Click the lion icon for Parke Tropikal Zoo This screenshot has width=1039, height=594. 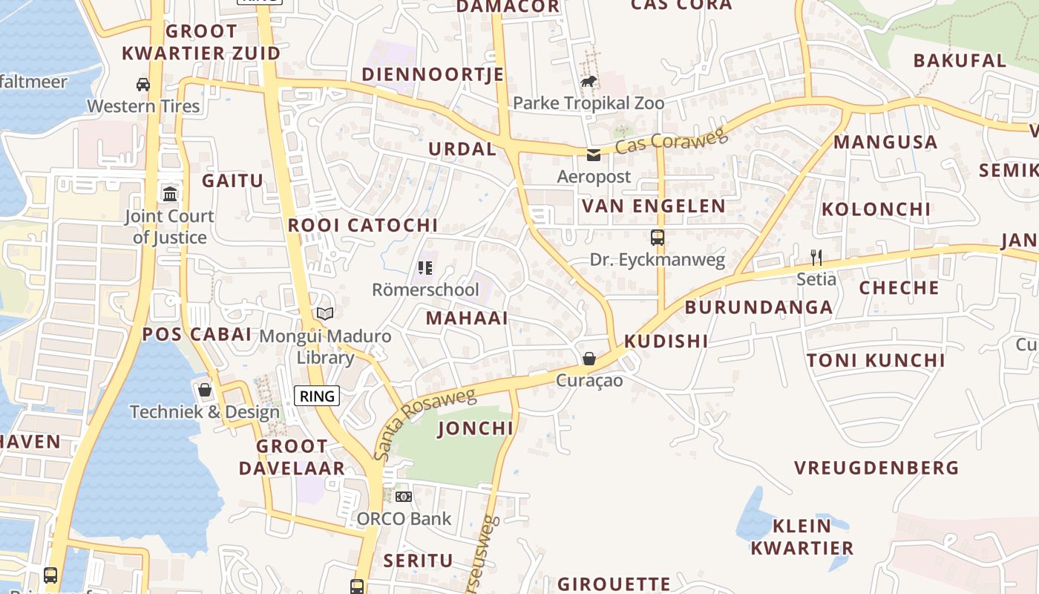[x=589, y=81]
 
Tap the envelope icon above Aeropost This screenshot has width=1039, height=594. [x=594, y=155]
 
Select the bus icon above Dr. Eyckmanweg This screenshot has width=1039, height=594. [x=657, y=238]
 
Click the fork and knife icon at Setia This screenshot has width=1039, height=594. [x=816, y=258]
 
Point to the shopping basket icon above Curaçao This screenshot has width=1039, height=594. [x=589, y=359]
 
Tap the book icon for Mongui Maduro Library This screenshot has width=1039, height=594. [x=325, y=314]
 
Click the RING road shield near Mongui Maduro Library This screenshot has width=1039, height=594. [x=318, y=396]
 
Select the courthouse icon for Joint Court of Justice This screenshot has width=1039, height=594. [x=170, y=194]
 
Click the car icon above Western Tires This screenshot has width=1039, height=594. [x=143, y=85]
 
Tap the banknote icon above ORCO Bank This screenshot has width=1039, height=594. [x=404, y=496]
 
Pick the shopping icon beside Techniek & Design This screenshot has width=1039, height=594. [x=205, y=390]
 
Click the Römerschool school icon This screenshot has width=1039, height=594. [x=425, y=268]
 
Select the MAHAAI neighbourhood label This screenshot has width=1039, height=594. [x=467, y=319]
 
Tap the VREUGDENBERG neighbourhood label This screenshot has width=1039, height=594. [x=876, y=468]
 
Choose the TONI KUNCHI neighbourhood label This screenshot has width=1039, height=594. [x=876, y=361]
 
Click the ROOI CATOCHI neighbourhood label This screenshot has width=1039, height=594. [x=362, y=225]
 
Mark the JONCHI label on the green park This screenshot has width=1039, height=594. [x=476, y=428]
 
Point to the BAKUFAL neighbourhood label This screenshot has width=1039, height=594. [x=960, y=61]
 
